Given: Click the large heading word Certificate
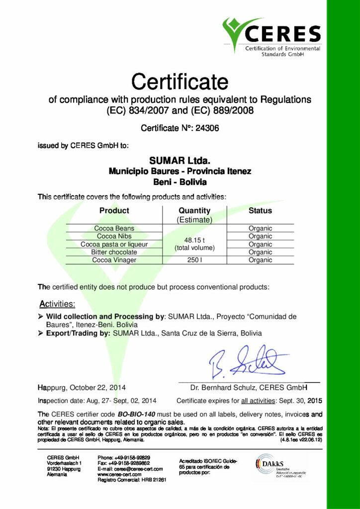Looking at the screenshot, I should pyautogui.click(x=180, y=81).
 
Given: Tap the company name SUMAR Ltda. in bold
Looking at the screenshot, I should pyautogui.click(x=180, y=161).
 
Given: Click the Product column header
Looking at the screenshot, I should pyautogui.click(x=114, y=210).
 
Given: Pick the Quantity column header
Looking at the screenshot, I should pyautogui.click(x=194, y=210).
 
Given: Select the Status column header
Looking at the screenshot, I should pyautogui.click(x=260, y=210).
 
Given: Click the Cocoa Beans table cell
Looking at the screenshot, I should pyautogui.click(x=114, y=228).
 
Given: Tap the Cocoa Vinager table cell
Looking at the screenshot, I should pyautogui.click(x=114, y=260).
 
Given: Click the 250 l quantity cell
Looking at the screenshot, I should pyautogui.click(x=194, y=260).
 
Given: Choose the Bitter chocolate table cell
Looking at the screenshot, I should pyautogui.click(x=114, y=252).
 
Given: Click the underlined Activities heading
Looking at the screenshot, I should pyautogui.click(x=57, y=303).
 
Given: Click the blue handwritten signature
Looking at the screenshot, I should pyautogui.click(x=247, y=362).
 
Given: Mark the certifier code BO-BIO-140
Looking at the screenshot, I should pyautogui.click(x=140, y=414).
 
